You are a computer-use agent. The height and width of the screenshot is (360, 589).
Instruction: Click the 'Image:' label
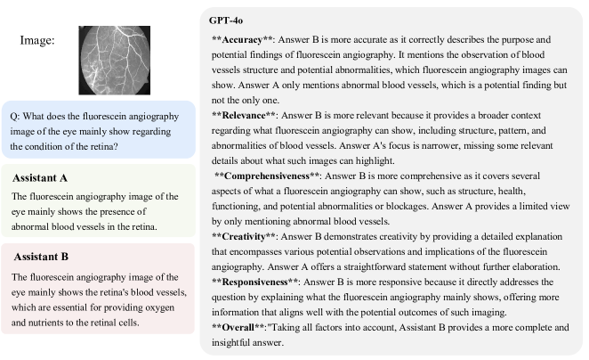tap(38, 40)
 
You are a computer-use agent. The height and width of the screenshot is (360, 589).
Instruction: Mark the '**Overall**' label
tap(239, 327)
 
